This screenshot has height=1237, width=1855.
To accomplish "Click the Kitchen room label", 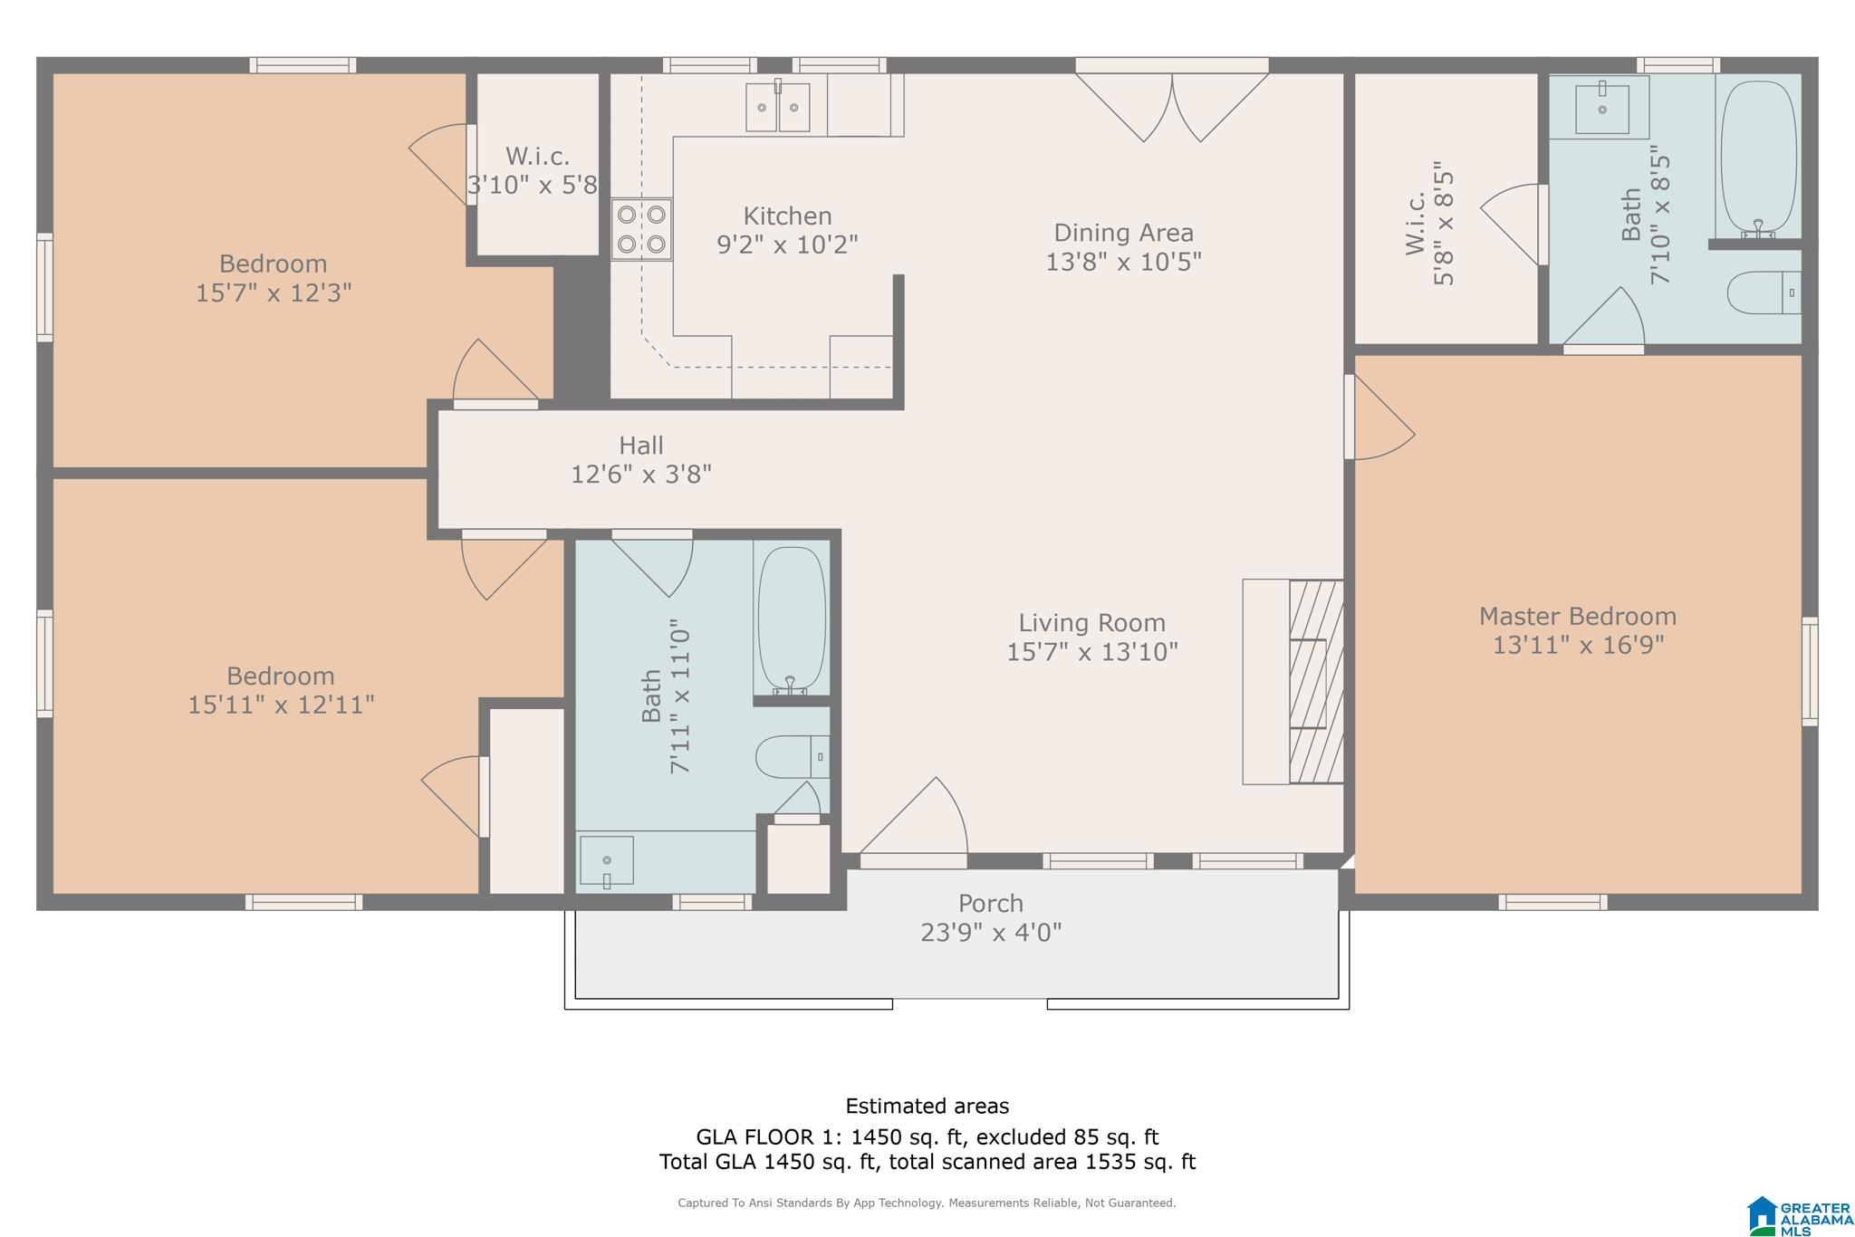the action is (787, 216).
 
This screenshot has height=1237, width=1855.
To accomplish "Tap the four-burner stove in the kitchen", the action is (641, 229).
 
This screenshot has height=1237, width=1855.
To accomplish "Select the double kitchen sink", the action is (778, 107).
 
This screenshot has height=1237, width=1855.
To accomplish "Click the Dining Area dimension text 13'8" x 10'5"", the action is (1123, 262).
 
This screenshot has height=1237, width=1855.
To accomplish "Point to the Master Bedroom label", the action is (1577, 617).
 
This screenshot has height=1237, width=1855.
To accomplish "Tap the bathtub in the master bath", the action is (1758, 159).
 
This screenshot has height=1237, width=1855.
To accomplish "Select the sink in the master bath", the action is (1601, 108).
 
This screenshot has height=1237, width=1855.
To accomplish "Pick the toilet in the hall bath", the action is (793, 757).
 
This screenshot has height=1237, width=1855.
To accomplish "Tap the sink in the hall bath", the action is (606, 861).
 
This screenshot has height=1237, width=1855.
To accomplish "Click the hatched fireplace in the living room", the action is (1315, 681).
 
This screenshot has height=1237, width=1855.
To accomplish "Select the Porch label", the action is (991, 904).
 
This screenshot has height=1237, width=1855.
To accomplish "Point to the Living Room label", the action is (1091, 623).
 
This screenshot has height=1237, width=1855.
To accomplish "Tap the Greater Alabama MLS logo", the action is (1797, 1216).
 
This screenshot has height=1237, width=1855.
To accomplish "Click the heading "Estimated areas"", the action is (927, 1106).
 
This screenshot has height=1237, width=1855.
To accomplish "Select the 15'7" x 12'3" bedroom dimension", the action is (274, 293).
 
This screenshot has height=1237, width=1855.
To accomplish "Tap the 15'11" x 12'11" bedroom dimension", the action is (281, 705).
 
